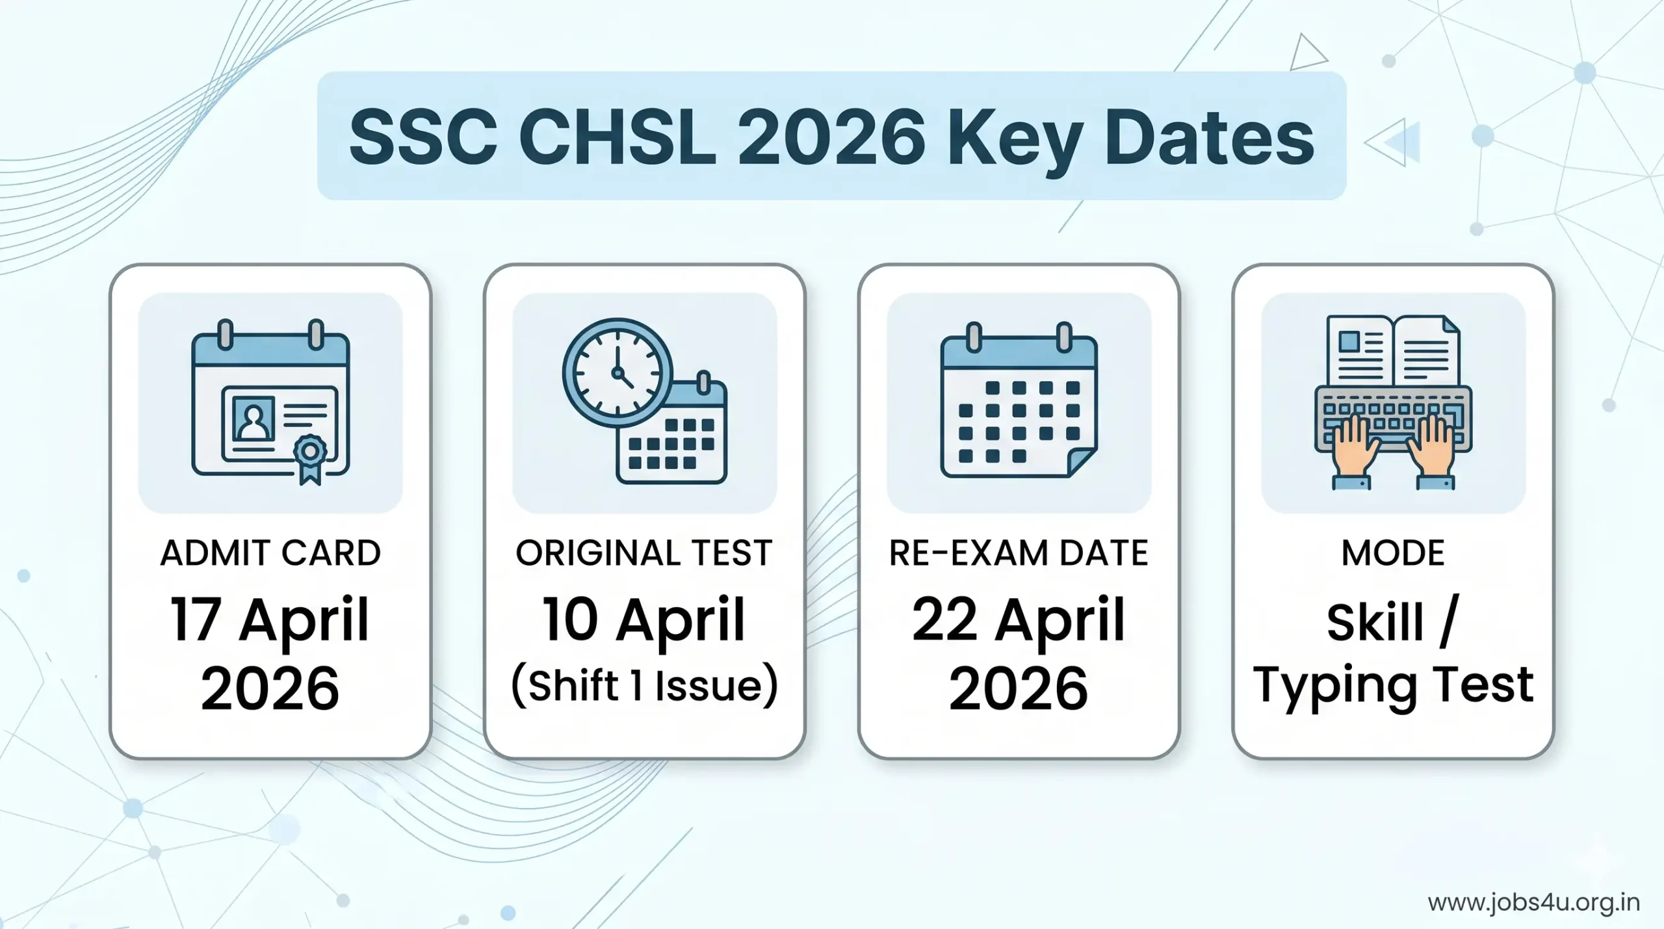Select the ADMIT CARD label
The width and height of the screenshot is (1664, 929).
(270, 553)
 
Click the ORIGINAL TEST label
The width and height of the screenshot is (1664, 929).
(644, 553)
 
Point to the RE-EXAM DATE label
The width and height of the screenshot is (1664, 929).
(1019, 553)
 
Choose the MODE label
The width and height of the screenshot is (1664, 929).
(1393, 553)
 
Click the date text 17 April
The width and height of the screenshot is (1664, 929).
(270, 620)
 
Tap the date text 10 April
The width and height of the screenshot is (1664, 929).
(644, 620)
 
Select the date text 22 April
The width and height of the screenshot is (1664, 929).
(1019, 620)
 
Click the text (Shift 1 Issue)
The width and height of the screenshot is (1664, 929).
(644, 686)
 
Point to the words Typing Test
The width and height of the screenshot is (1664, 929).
(1393, 686)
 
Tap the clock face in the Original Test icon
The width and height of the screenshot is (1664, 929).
(617, 373)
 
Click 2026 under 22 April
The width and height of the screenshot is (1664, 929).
(1019, 688)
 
